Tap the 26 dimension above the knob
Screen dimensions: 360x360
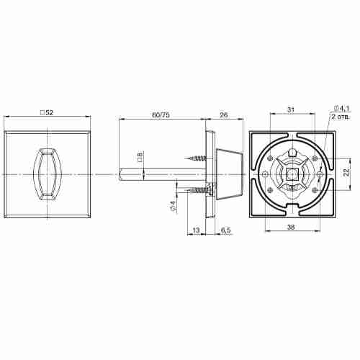[x=223, y=114]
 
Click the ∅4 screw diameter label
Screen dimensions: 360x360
[x=172, y=207]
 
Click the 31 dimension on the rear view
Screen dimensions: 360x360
[x=290, y=109]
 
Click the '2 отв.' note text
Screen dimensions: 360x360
[x=341, y=116]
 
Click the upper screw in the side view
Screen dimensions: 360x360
[x=197, y=156]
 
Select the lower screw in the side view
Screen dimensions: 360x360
[x=197, y=190]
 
